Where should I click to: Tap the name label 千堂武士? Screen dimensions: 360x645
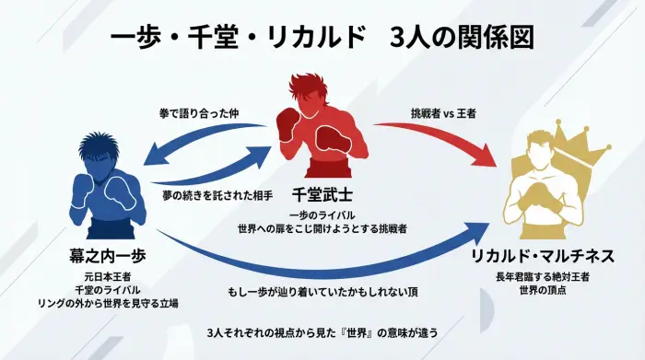point(322,195)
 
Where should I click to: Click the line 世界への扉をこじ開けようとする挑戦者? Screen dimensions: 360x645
point(322,226)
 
